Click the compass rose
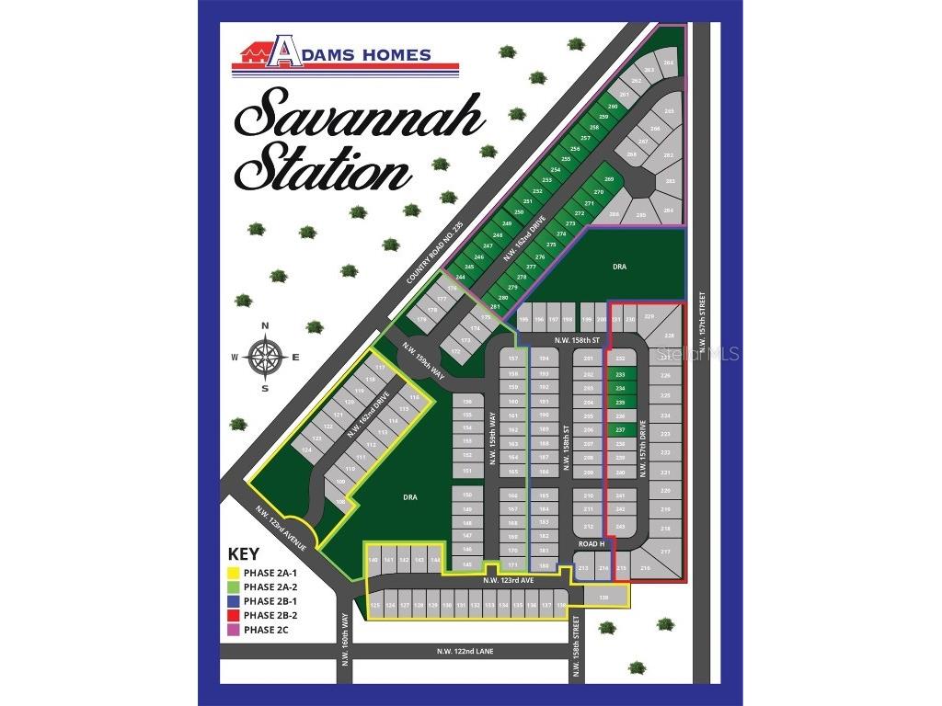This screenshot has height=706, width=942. click(265, 357)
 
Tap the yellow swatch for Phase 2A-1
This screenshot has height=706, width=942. click(234, 572)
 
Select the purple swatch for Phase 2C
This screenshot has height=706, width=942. click(234, 630)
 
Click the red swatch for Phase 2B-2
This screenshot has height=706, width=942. click(234, 615)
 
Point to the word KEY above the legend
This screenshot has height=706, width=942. click(243, 554)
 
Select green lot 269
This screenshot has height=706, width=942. click(608, 179)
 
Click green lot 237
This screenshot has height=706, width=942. click(620, 429)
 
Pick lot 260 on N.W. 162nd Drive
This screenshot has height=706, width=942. click(613, 108)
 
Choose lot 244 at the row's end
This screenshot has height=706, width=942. click(460, 277)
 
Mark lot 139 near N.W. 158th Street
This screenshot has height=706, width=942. click(603, 598)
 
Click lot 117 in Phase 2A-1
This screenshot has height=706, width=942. click(378, 368)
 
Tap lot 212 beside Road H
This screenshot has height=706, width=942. click(589, 526)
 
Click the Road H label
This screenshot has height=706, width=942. click(589, 543)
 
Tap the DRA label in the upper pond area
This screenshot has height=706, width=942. click(619, 267)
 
